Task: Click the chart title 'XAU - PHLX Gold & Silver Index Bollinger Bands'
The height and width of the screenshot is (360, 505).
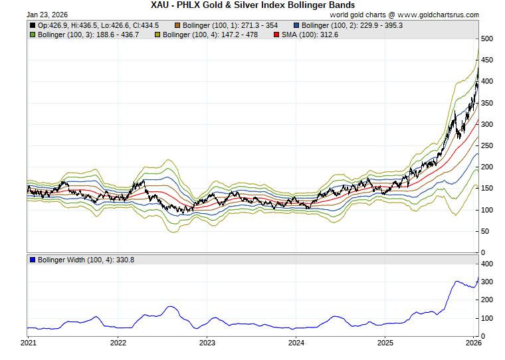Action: click(x=252, y=5)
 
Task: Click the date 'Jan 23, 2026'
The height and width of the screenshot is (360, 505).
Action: click(x=47, y=14)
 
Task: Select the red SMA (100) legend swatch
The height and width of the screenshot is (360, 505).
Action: click(x=276, y=35)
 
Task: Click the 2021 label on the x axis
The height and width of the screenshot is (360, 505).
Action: click(x=29, y=343)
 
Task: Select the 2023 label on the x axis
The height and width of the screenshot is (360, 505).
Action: click(x=207, y=343)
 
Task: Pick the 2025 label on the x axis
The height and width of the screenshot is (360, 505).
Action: click(x=385, y=343)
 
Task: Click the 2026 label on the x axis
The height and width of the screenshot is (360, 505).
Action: click(x=473, y=343)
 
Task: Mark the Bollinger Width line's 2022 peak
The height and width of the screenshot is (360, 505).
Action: click(x=171, y=306)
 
